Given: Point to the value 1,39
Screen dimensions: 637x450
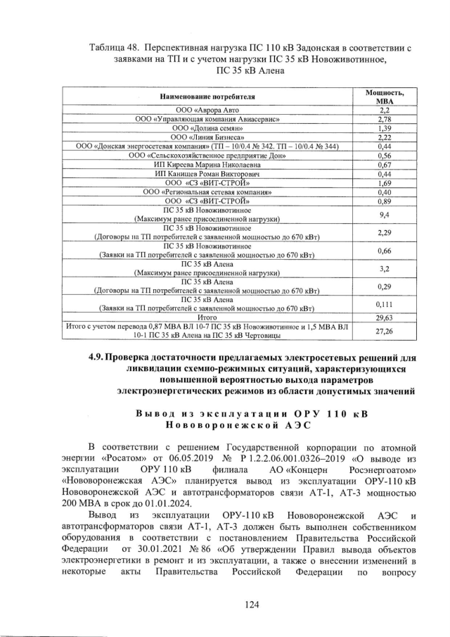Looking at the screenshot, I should click(x=384, y=129).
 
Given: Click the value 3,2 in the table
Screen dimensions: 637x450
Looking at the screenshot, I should click(x=384, y=268).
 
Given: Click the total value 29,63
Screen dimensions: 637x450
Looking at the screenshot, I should click(x=384, y=317).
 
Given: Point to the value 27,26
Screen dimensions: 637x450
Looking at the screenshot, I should click(x=384, y=331).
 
